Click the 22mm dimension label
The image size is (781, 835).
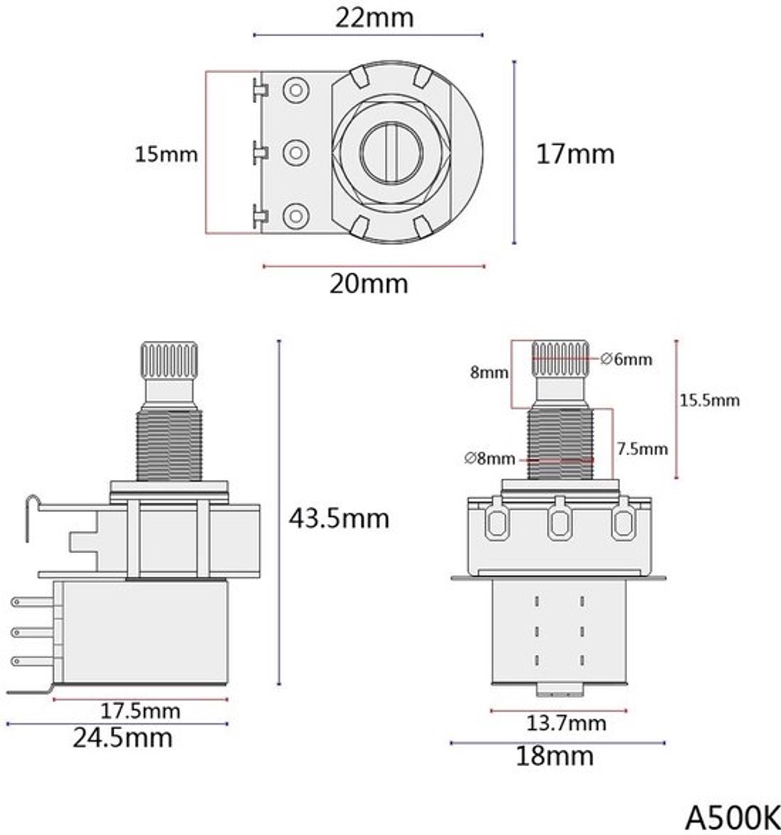pos(374,18)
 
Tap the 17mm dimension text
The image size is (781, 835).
pos(575,154)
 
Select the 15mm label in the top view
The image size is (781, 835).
pos(166,154)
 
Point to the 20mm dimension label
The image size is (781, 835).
pos(369,284)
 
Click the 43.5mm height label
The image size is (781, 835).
pos(339,519)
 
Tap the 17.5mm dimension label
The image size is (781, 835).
pos(140,711)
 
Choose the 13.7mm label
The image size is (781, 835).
pos(566,723)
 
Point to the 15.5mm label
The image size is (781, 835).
pos(709,400)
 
